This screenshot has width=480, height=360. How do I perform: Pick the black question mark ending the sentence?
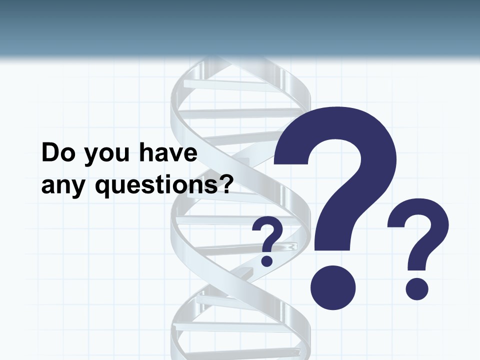(x=227, y=184)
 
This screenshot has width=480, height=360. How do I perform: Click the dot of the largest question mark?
(x=332, y=287)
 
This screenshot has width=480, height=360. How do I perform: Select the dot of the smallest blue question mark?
(x=267, y=260)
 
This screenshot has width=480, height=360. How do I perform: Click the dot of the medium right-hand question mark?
(x=416, y=289)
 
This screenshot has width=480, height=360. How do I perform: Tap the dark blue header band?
(x=240, y=25)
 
